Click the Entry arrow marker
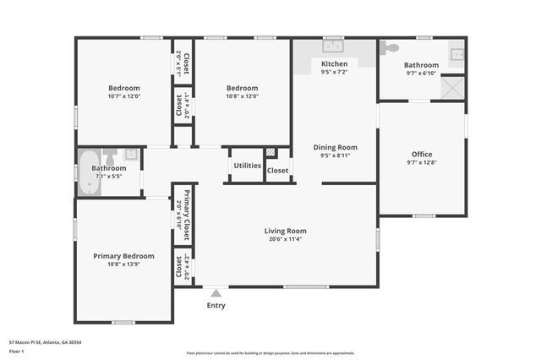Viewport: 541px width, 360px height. (x=216, y=293)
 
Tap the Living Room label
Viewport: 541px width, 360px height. (x=285, y=231)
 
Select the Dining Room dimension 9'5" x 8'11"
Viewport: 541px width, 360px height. (x=335, y=155)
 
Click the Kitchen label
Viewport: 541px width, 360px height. (x=334, y=64)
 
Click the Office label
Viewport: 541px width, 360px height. (x=422, y=154)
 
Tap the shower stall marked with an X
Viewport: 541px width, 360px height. (x=452, y=88)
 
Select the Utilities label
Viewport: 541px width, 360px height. (x=247, y=166)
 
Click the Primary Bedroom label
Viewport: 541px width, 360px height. (x=123, y=256)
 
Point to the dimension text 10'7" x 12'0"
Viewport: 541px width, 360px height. (x=123, y=96)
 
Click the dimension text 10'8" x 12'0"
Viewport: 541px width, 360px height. (x=242, y=96)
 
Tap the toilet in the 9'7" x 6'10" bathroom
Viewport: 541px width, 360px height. (x=389, y=48)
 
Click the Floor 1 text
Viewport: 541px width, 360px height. (x=16, y=350)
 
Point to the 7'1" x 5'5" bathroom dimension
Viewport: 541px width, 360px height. (x=108, y=177)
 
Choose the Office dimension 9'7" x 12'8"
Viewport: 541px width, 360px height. (x=422, y=163)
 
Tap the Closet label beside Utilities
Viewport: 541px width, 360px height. (x=277, y=171)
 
